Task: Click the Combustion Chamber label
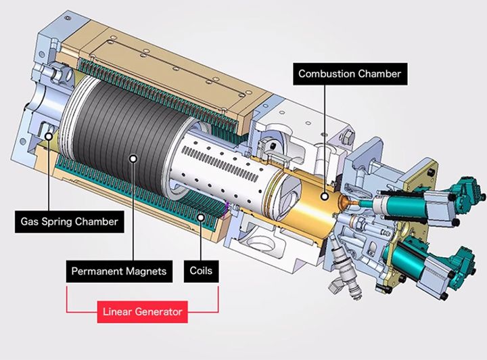click(350, 74)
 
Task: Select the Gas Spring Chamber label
click(69, 221)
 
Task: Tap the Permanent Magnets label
click(118, 272)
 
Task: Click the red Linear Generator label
click(142, 313)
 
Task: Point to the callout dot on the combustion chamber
click(325, 196)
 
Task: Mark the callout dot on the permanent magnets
click(134, 158)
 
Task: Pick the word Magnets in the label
click(144, 272)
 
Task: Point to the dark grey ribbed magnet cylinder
click(115, 135)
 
